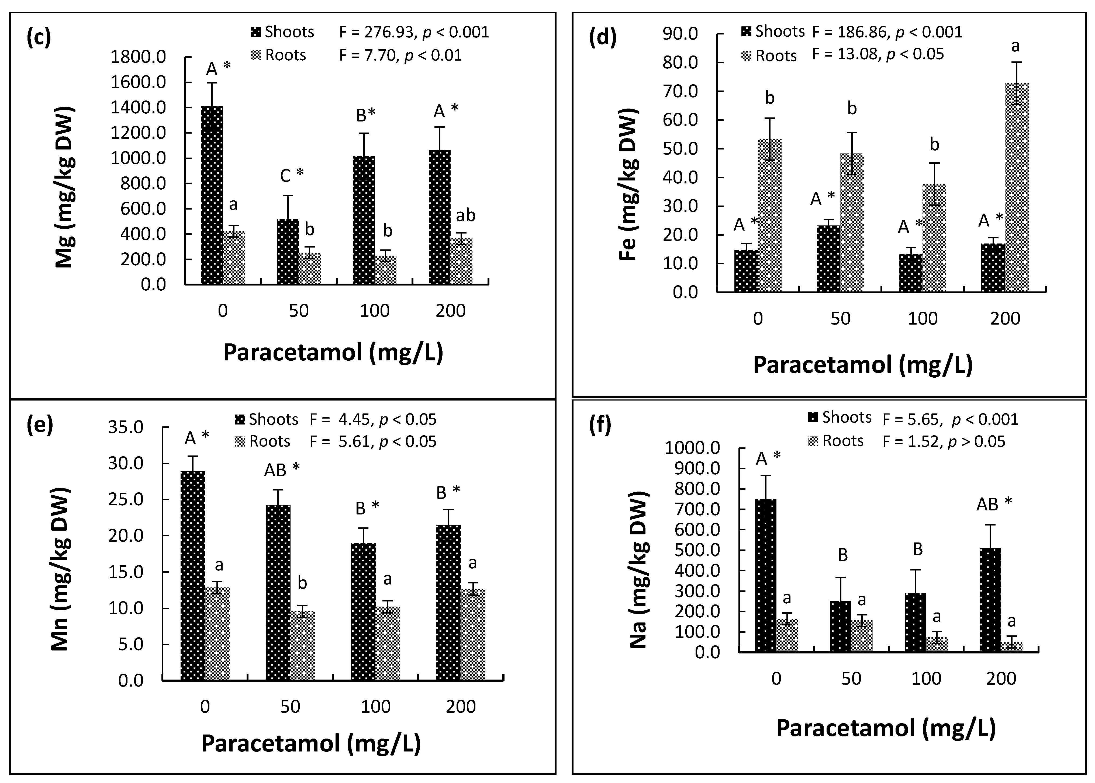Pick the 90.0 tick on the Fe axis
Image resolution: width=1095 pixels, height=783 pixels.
point(680,34)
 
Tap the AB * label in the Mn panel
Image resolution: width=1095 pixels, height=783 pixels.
point(282,469)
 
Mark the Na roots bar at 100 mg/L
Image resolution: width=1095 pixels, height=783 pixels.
point(937,644)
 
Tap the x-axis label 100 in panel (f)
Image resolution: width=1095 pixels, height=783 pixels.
point(926,679)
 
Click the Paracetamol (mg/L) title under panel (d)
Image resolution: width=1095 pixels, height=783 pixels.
point(862,365)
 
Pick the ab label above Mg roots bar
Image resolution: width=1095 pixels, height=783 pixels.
point(465,215)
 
